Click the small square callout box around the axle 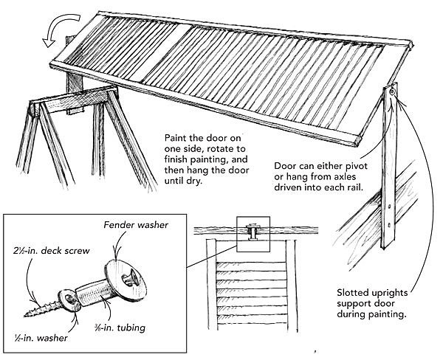(x=252, y=233)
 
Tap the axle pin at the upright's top (x=391, y=92)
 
